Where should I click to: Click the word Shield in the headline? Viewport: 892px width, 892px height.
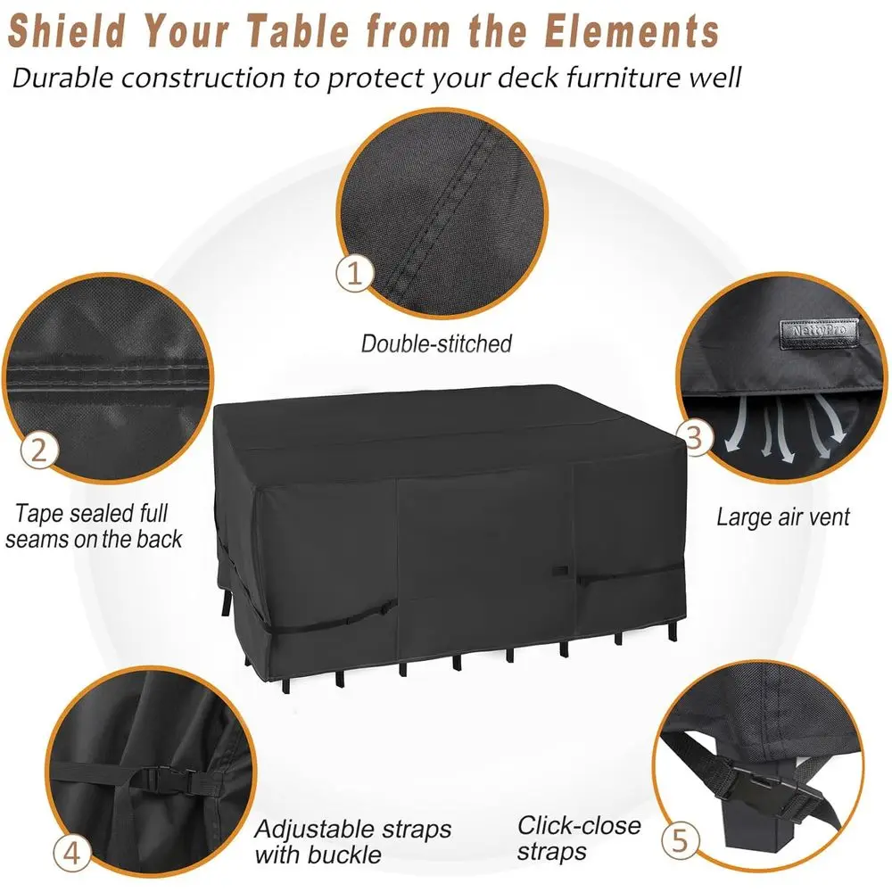click(x=67, y=30)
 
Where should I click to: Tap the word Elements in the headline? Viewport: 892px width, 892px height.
click(x=632, y=30)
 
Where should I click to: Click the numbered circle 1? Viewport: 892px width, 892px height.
click(x=354, y=273)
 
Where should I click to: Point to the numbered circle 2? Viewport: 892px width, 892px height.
click(x=39, y=450)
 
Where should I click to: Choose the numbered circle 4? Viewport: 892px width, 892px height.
click(x=71, y=853)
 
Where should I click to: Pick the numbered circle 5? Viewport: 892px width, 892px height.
click(x=681, y=840)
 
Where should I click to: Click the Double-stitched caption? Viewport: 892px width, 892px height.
click(x=436, y=343)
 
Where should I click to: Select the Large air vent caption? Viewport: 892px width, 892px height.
click(x=783, y=517)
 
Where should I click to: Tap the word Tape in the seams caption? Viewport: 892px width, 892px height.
click(x=38, y=514)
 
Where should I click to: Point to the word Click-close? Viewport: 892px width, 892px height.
click(x=579, y=825)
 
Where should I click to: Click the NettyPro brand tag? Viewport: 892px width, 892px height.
click(x=819, y=334)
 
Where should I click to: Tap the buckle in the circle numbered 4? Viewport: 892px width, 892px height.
click(x=166, y=780)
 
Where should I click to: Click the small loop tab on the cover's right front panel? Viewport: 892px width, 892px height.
click(x=560, y=571)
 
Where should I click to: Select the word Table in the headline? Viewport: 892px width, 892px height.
click(x=301, y=30)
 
